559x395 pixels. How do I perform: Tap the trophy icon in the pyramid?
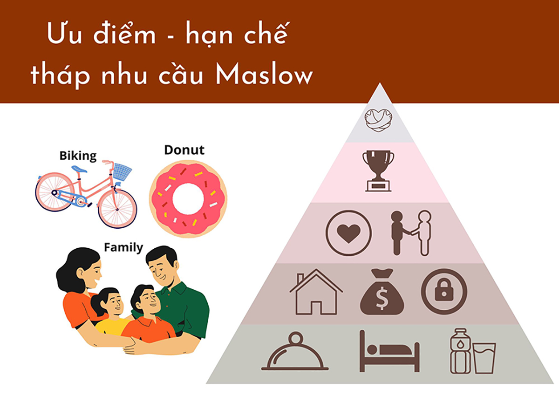378,170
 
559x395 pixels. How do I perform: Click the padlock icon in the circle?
443,291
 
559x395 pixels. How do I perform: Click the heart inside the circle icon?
348,233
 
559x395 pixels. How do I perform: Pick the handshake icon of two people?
411,232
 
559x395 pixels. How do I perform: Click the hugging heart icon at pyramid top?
378,120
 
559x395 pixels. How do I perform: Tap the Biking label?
78,156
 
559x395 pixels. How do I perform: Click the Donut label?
184,150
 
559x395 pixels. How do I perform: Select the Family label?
123,247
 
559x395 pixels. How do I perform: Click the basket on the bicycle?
122,171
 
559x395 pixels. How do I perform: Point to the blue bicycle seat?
79,169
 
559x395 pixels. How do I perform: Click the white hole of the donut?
188,199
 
